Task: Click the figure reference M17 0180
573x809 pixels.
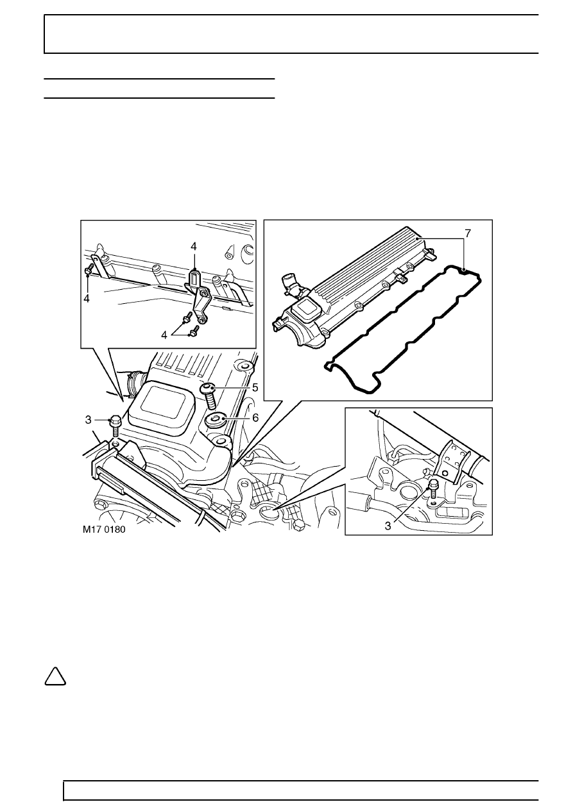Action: click(104, 530)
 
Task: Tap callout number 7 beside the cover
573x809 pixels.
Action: click(468, 234)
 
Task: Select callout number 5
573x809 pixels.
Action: click(255, 388)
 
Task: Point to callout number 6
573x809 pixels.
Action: click(255, 418)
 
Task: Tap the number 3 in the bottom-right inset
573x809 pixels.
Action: click(388, 526)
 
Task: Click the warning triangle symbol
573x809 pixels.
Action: click(55, 677)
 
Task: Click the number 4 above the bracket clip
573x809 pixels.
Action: click(194, 246)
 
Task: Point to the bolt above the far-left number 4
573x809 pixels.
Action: click(89, 269)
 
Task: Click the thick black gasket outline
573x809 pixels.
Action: click(403, 329)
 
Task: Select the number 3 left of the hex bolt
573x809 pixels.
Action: click(88, 420)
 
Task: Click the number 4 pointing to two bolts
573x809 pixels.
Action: click(164, 335)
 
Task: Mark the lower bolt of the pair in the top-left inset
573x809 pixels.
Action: click(194, 329)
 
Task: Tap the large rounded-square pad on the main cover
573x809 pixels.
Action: click(162, 404)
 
